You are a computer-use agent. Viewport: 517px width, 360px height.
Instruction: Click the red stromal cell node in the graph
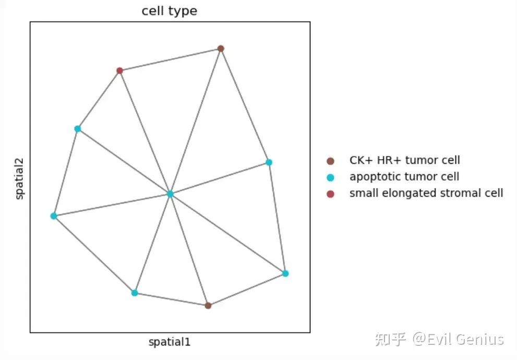[119, 70]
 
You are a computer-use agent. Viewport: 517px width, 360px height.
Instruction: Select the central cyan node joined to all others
[170, 194]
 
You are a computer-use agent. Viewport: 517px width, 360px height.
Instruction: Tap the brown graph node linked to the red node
[221, 49]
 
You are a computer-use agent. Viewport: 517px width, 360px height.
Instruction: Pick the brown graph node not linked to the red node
[208, 305]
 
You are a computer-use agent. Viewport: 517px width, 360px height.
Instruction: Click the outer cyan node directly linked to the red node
[78, 129]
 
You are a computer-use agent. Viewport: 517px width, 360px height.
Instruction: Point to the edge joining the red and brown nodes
[170, 59]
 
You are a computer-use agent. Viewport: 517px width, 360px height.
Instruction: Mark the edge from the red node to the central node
[145, 132]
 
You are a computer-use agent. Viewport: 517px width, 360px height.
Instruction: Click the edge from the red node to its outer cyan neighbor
[99, 100]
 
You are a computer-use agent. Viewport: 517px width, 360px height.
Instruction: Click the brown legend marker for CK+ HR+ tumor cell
[330, 161]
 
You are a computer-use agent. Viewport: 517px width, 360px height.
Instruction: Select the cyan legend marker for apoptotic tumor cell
[330, 177]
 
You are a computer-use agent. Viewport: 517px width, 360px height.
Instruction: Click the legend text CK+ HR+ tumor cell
[405, 161]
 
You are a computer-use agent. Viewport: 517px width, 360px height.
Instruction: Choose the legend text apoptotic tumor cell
[404, 177]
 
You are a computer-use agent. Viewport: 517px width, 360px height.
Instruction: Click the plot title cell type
[170, 11]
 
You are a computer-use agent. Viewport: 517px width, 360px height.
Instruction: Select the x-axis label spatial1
[170, 343]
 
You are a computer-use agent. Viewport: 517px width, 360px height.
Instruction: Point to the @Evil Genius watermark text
[459, 340]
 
